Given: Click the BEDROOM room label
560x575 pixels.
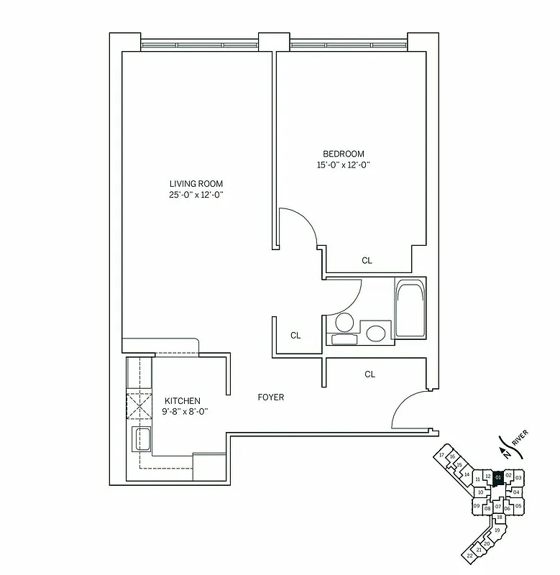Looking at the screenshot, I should point(343,154).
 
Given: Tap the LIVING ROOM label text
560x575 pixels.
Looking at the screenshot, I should point(196,183).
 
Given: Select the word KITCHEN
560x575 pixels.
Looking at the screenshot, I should point(183,401).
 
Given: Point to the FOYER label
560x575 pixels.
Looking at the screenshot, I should point(271,397).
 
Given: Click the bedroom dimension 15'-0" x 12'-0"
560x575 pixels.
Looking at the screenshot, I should point(343,165).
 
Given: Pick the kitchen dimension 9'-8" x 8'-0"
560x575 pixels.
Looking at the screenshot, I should point(183,413).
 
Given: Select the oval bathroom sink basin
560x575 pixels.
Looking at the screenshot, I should point(375,333).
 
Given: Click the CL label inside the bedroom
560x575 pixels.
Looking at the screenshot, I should point(367,261).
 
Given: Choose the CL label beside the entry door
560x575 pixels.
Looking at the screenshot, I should point(369,374).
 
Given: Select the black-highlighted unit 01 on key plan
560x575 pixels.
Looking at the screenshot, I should point(498,476).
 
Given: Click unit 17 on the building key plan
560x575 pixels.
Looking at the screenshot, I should point(441,456).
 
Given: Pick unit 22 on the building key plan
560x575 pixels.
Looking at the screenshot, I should point(469,556).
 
